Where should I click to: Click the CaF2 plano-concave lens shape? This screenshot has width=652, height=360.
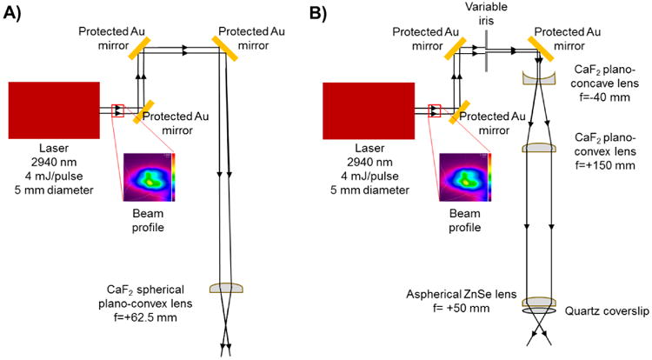tap(541, 78)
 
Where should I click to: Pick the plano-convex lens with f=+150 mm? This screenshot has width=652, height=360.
tap(541, 148)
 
